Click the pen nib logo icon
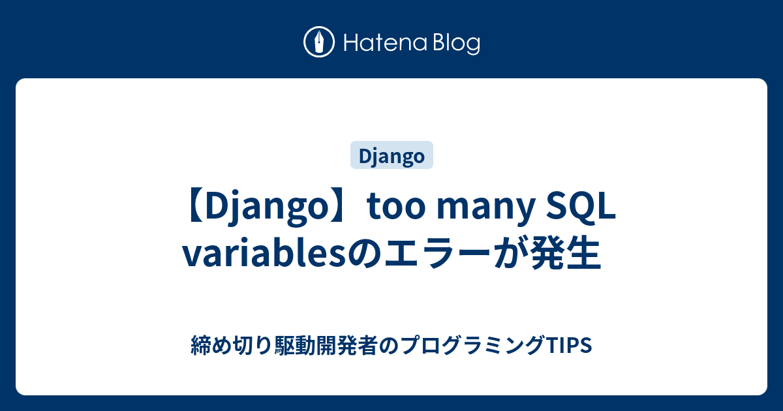click(319, 42)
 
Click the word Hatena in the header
click(386, 43)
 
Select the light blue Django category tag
click(391, 155)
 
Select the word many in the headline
click(486, 209)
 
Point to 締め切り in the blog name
click(232, 345)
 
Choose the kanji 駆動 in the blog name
click(294, 345)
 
